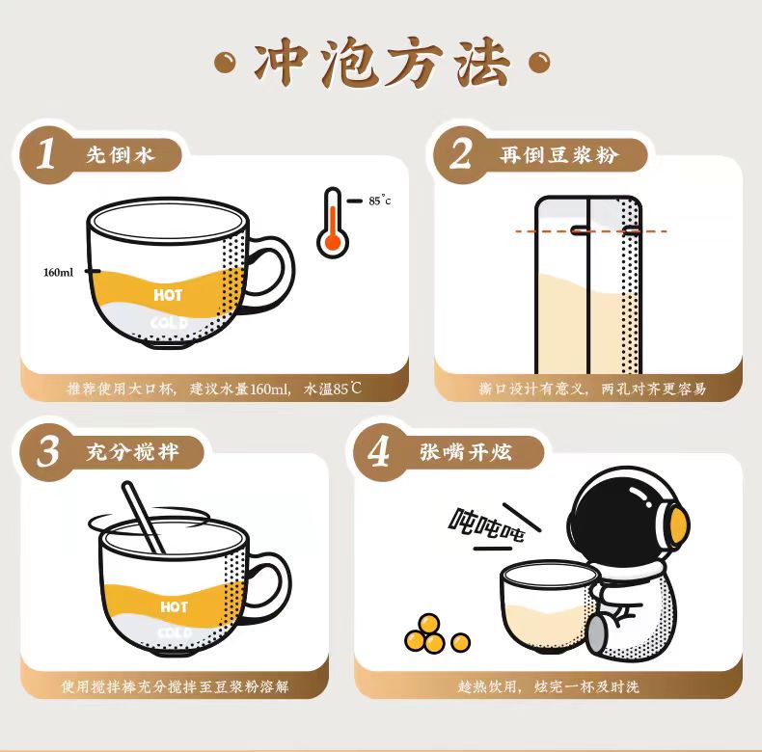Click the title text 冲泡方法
click(383, 63)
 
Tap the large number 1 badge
click(46, 153)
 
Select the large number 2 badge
click(460, 153)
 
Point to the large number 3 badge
click(47, 451)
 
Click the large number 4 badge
click(378, 452)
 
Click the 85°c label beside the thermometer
click(379, 201)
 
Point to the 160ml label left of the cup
click(58, 273)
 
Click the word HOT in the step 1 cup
click(168, 295)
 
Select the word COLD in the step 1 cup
click(169, 323)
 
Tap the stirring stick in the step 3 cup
click(143, 517)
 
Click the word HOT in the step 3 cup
click(174, 606)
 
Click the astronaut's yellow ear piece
click(678, 523)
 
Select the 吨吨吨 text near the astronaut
click(486, 524)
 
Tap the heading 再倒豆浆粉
click(558, 154)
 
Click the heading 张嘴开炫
click(466, 452)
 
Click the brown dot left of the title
click(225, 63)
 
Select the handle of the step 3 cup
click(270, 588)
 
